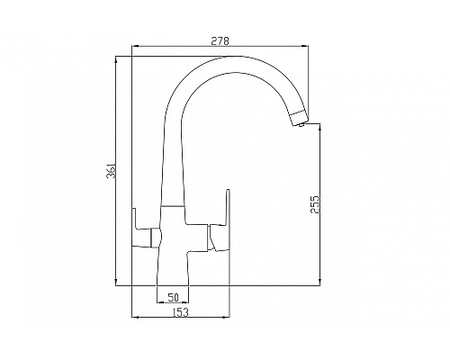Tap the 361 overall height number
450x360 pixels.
(109, 172)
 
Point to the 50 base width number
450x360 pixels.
(173, 297)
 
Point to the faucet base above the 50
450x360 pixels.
(172, 270)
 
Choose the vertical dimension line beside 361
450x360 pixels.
(118, 172)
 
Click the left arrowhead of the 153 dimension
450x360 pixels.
(135, 316)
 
